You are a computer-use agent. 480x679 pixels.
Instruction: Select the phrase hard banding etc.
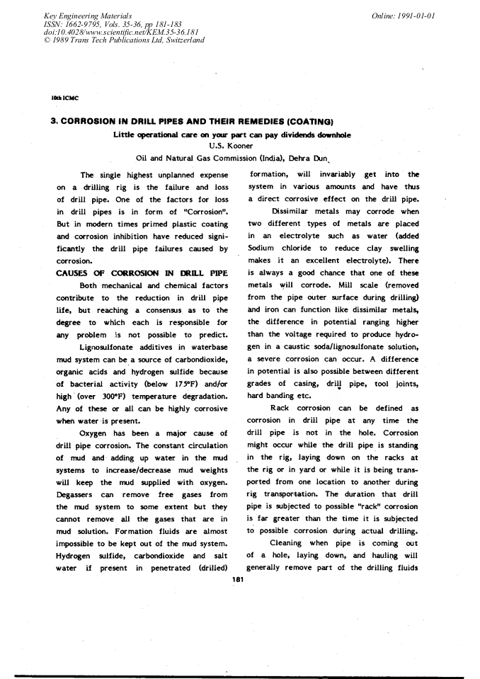coord(280,396)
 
